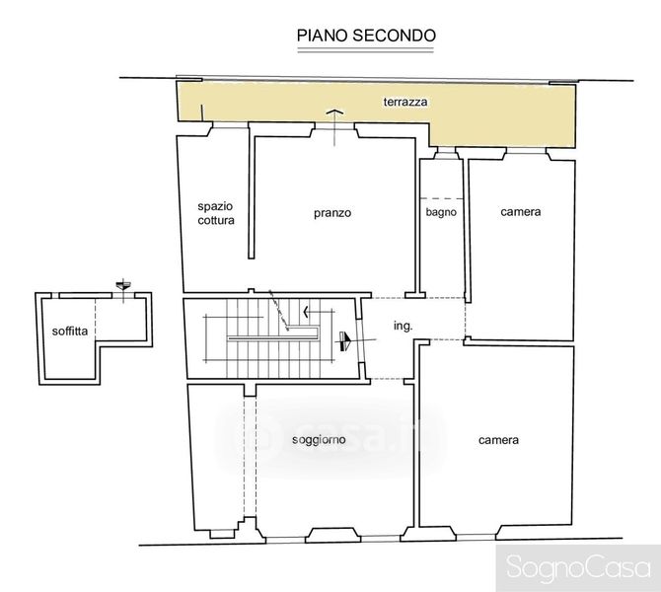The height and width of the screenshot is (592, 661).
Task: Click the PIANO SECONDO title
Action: tap(366, 36)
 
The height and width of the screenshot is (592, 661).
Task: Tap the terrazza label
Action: tap(405, 102)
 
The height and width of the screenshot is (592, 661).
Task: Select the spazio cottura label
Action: tap(216, 213)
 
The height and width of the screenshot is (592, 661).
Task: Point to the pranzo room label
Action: tap(332, 213)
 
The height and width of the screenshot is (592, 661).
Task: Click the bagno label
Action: tap(441, 212)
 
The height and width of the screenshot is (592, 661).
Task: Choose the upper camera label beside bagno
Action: tap(521, 212)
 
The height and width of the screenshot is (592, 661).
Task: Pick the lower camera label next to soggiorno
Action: tap(498, 440)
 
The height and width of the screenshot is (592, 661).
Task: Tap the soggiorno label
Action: tap(319, 440)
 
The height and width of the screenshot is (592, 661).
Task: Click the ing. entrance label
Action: tap(403, 326)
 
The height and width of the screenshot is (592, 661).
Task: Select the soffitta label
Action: tap(70, 331)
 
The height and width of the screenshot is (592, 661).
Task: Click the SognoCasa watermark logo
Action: tap(578, 567)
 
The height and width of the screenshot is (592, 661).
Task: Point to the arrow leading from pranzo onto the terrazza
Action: tap(334, 127)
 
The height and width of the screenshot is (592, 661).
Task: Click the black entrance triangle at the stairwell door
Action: tap(345, 341)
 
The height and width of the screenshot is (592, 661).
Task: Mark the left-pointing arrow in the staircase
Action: tap(319, 312)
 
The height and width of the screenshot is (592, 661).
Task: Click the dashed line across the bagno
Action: tap(442, 198)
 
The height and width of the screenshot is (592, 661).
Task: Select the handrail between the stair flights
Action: tap(273, 337)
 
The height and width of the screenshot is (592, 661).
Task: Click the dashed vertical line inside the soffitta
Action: tap(96, 318)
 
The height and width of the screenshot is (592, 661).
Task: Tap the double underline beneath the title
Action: tap(365, 50)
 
